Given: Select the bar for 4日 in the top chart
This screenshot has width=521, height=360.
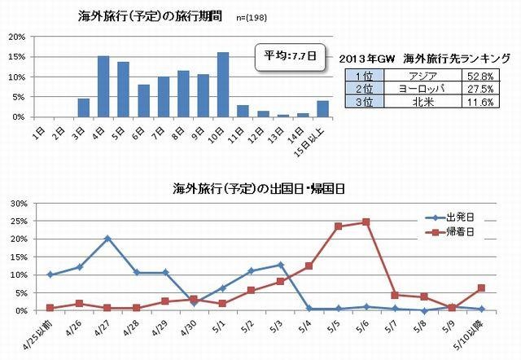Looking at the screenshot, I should coord(103,86).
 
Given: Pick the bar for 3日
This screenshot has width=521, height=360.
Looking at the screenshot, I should coord(83,108).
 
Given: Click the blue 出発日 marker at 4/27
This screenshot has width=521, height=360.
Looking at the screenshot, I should coord(107,239).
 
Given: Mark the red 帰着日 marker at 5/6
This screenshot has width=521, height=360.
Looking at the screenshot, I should coord(366,222).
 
